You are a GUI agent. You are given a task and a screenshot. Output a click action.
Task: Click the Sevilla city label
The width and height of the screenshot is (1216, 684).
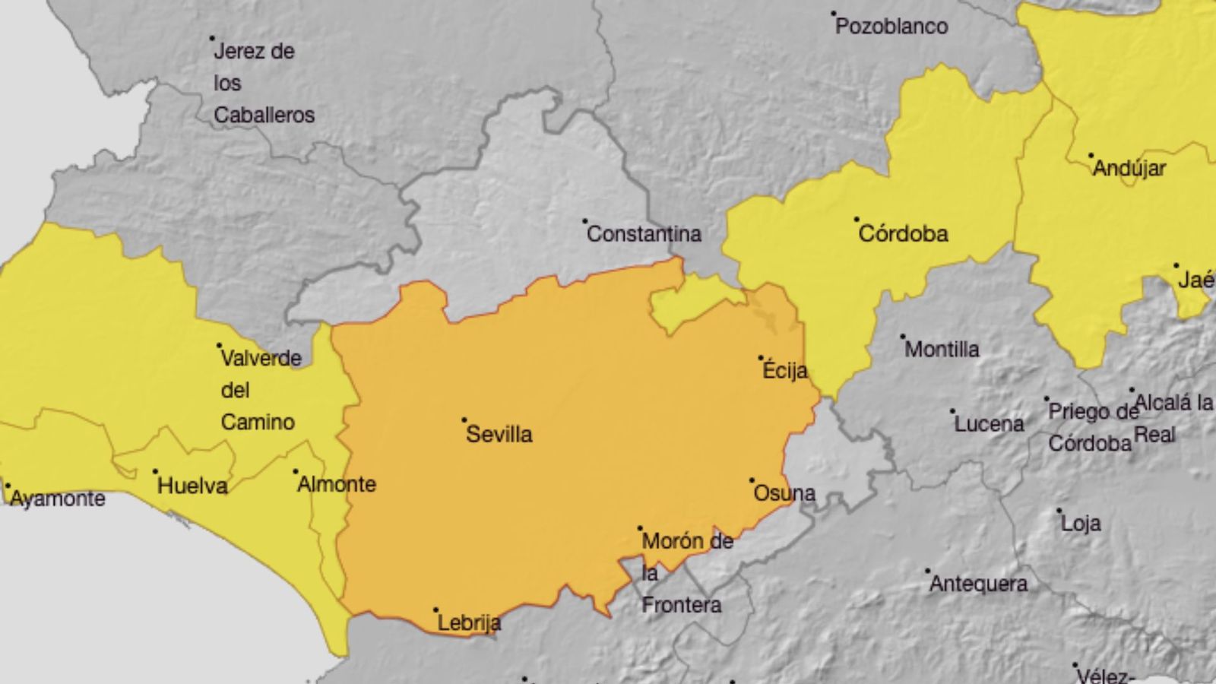point(499,434)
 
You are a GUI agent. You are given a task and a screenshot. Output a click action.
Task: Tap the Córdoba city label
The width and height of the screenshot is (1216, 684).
point(903,233)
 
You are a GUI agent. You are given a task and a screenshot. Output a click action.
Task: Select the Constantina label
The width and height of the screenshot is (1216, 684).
point(644,233)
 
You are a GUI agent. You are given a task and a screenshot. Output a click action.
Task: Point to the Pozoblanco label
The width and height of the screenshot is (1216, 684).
point(891,27)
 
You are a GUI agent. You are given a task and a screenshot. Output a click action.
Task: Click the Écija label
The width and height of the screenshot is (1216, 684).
point(784,370)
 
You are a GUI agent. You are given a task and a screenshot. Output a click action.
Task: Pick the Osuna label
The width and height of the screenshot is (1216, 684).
point(784,493)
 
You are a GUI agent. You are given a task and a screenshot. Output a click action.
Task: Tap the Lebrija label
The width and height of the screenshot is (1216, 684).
point(469,623)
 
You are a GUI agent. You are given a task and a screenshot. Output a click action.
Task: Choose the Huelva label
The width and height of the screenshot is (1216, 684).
point(192,486)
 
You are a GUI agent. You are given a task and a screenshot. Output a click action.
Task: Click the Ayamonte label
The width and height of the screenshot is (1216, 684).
point(58,499)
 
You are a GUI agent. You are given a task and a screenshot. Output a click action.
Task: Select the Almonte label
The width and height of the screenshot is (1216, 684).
point(337,484)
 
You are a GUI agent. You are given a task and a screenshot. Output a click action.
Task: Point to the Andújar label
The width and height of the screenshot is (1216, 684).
point(1129,168)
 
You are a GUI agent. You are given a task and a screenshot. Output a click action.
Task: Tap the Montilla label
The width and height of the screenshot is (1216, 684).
point(942,349)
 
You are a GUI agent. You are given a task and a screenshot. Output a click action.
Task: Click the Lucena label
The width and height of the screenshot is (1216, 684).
point(989,423)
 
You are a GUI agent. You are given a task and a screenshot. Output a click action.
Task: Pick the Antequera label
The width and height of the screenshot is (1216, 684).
point(979,584)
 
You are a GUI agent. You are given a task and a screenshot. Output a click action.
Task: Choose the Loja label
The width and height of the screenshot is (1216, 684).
point(1081,523)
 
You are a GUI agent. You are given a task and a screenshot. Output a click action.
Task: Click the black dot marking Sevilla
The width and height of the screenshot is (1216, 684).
point(464,420)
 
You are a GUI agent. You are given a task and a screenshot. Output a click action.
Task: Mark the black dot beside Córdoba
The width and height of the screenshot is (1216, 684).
point(857,220)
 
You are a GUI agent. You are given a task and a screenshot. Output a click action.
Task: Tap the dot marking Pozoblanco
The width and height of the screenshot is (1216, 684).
point(833,14)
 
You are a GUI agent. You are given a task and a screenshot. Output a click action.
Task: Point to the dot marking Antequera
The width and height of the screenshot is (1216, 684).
point(928,570)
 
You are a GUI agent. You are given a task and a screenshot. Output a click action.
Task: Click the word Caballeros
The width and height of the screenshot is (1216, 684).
point(264,115)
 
